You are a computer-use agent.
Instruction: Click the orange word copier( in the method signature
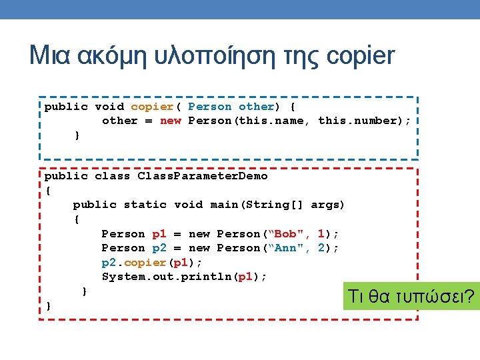coord(156,107)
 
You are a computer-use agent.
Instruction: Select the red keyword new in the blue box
coord(170,121)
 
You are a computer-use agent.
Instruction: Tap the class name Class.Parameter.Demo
coord(203,177)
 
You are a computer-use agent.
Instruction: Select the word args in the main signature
coord(325,205)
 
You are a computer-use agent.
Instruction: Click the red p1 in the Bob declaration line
coord(159,234)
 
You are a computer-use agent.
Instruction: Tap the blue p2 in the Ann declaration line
coord(159,248)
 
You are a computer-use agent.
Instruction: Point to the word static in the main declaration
coord(145,205)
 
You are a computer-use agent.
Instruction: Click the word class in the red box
coord(113,177)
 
